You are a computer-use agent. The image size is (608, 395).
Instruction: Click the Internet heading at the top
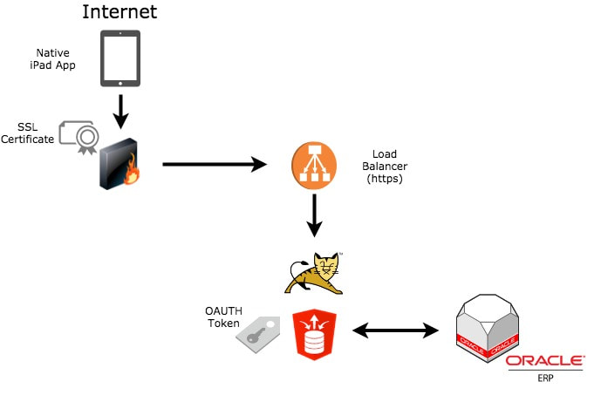121,12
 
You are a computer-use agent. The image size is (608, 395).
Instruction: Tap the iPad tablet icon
121,59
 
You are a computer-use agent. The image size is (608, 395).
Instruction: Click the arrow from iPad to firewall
122,110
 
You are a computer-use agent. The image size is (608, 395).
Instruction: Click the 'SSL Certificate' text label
28,133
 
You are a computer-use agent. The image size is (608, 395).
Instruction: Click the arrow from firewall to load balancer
214,164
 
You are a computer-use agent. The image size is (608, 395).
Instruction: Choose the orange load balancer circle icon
315,165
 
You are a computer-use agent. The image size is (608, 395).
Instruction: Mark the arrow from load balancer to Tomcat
315,216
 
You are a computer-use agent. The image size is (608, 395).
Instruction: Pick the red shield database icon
315,333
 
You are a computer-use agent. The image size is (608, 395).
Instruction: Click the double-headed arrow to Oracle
395,330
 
